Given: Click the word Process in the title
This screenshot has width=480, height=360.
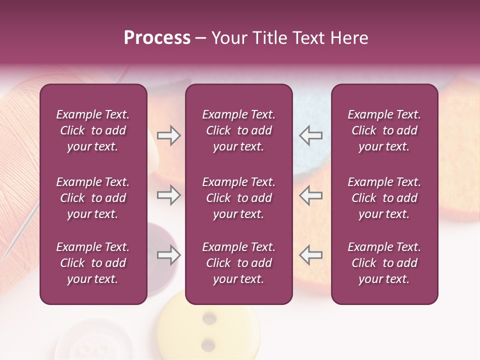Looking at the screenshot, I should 157,38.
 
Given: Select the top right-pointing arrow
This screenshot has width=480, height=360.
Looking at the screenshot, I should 168,135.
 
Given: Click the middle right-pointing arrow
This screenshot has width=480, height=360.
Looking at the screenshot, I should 168,195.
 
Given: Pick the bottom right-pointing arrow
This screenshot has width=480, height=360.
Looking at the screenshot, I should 168,255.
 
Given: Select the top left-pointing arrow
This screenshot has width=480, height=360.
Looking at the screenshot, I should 310,135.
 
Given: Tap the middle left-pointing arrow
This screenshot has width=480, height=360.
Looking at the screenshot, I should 310,195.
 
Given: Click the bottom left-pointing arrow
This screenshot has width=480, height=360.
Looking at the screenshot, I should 310,255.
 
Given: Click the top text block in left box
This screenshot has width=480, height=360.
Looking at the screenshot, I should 93,130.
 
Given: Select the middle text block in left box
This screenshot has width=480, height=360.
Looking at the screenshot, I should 93,198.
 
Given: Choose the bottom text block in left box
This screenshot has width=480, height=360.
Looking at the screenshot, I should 93,263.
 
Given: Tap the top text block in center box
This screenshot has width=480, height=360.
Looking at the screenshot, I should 238,130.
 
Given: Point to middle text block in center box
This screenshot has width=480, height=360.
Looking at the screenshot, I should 238,198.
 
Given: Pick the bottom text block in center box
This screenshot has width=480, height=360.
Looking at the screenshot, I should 238,263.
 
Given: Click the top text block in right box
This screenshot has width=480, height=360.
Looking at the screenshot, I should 384,130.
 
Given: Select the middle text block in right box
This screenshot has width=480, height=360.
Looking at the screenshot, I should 384,198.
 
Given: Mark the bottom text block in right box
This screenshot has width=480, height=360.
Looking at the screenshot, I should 384,263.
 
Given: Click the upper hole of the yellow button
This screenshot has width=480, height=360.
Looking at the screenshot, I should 209,318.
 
